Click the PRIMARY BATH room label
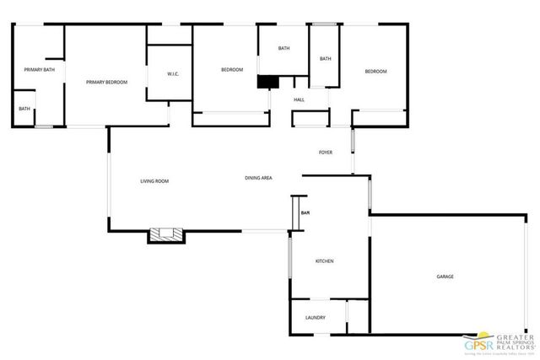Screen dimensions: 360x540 coord(39,69)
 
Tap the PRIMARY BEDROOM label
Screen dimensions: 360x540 coord(107,82)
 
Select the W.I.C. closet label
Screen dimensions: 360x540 coord(173,74)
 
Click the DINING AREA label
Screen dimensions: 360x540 coord(257,178)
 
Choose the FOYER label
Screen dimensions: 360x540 coord(325,153)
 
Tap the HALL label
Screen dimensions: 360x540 coord(299,100)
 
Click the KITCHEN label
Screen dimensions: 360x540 coord(325,261)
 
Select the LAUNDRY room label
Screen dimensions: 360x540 coord(316,318)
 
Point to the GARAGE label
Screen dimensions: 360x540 coord(445,277)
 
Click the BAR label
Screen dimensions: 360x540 coord(305,212)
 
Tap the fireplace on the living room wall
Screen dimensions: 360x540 coord(165,234)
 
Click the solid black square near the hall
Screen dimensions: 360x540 coord(267,82)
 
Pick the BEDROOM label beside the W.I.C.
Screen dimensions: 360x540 coord(232,69)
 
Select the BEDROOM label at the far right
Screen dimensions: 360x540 coord(375,72)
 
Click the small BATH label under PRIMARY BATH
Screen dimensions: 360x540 coord(24,109)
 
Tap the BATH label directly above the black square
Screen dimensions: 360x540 coord(283,48)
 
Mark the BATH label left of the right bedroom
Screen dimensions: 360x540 coord(325,58)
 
